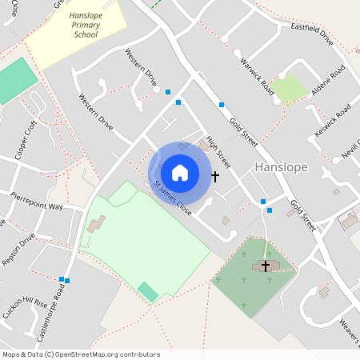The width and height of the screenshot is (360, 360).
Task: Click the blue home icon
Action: (180, 173)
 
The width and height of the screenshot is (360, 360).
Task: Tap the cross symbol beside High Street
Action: (214, 175)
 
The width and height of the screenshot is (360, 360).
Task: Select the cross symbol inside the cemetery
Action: (266, 266)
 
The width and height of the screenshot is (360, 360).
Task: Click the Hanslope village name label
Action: (281, 166)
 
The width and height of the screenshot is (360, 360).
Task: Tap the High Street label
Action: (218, 151)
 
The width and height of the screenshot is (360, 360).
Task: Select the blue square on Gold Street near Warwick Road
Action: (222, 104)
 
